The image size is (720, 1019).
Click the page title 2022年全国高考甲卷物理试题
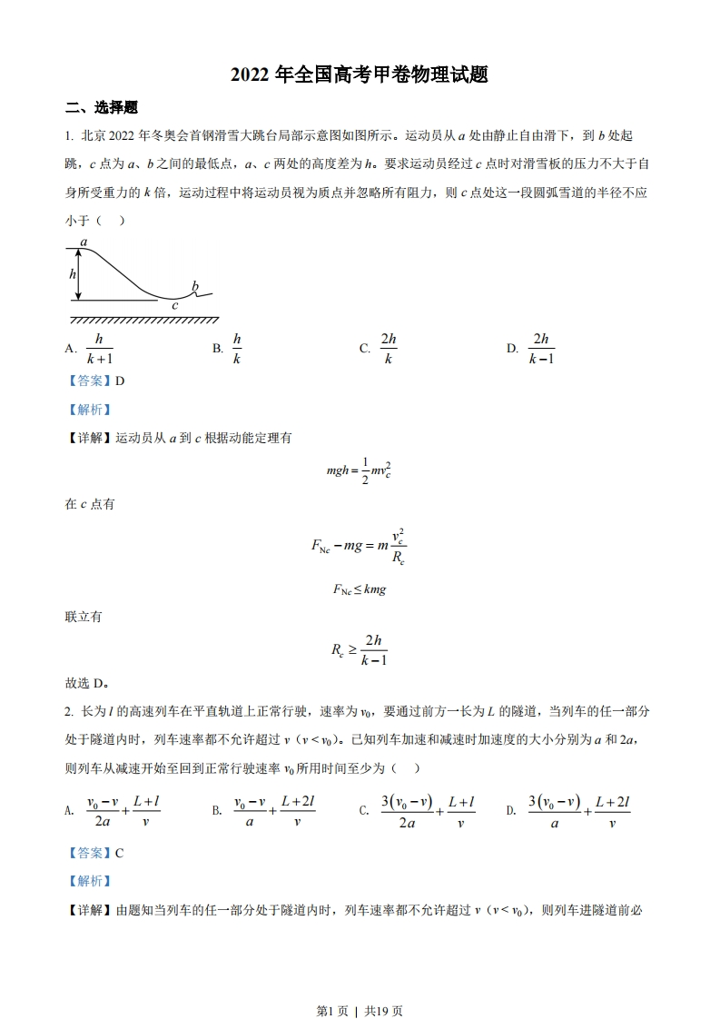(360, 75)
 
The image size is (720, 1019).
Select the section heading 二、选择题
(102, 108)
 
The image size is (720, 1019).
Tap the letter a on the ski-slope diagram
(84, 242)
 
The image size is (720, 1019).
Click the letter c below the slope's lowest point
(174, 306)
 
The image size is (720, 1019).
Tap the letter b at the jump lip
(194, 287)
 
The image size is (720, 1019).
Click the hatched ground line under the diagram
(144, 319)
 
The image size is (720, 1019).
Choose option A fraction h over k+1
(99, 349)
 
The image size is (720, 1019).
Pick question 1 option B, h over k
(237, 349)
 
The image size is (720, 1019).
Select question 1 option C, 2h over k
(389, 349)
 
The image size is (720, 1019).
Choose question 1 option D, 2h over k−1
(541, 349)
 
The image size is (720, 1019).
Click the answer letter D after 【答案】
(120, 381)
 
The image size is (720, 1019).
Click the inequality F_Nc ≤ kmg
(360, 589)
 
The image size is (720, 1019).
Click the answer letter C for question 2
(120, 853)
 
